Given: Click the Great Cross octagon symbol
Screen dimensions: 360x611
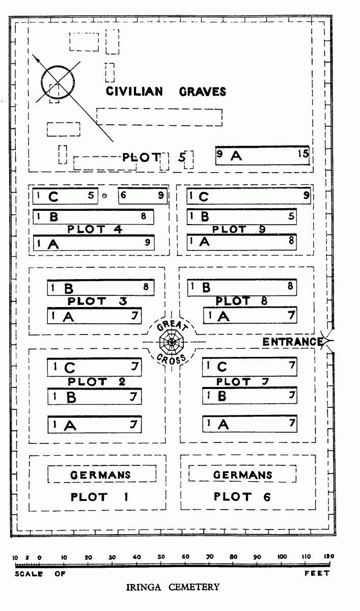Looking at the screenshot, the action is coord(172,342).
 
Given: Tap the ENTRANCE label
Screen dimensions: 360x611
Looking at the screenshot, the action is coord(293,342).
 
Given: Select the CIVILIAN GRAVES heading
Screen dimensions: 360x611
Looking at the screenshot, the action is coord(166,91).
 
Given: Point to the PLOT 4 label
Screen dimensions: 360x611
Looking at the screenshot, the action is coord(95,229).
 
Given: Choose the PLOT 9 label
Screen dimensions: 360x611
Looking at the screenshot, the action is coord(239,229).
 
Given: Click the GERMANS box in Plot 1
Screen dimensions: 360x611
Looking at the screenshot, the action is coord(102,474).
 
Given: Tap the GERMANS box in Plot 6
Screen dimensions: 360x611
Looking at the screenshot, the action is coord(242,474).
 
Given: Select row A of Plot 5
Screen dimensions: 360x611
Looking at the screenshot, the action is coord(262,155).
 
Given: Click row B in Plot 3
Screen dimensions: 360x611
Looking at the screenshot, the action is coord(101,288).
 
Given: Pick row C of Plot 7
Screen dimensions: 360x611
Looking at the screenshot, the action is coord(250,367).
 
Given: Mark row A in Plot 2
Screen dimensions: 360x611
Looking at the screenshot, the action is coord(95,425).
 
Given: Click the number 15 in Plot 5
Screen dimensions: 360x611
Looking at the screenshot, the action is coord(303,154).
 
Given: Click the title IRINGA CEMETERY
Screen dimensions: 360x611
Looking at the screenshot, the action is coord(173,587).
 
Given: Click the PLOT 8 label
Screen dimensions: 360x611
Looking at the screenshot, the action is coord(241,301).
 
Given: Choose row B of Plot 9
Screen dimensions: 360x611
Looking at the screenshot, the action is coord(242,216).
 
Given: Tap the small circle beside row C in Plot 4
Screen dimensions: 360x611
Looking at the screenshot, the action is coord(105,196).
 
